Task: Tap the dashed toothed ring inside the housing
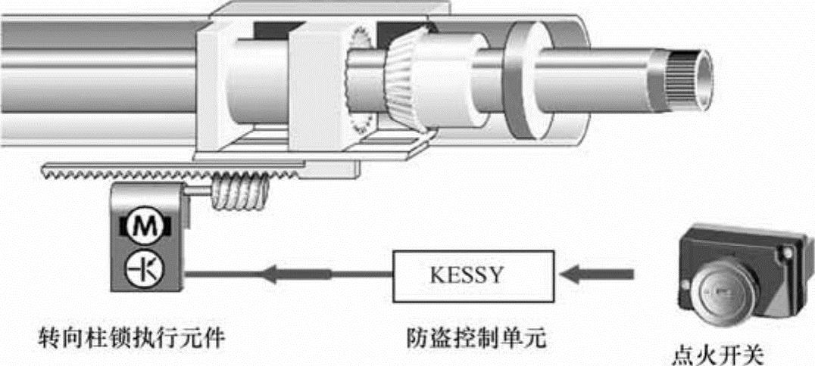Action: click(356, 79)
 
